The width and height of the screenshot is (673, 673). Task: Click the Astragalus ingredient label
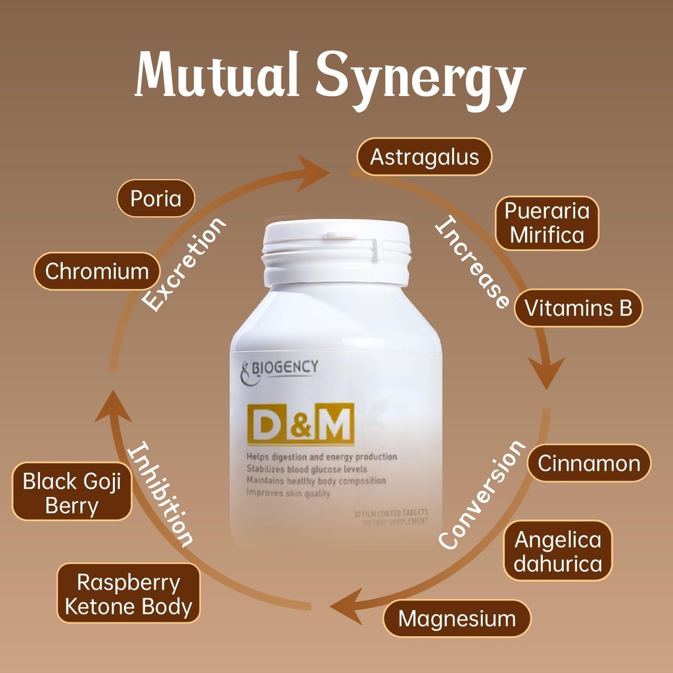pyautogui.click(x=424, y=156)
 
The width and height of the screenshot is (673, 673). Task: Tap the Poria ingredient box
pyautogui.click(x=156, y=198)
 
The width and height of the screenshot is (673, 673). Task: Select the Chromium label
pyautogui.click(x=97, y=271)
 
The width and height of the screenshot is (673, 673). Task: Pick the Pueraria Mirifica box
pyautogui.click(x=547, y=223)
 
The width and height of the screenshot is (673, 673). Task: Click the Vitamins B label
pyautogui.click(x=578, y=308)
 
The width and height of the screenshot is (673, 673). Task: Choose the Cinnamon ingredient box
pyautogui.click(x=588, y=463)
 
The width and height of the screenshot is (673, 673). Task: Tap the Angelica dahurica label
pyautogui.click(x=557, y=551)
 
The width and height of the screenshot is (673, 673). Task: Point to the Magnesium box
pyautogui.click(x=457, y=618)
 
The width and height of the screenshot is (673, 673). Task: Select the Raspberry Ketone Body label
pyautogui.click(x=128, y=594)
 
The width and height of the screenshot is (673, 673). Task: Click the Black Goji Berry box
pyautogui.click(x=72, y=493)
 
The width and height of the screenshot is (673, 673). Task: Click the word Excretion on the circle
pyautogui.click(x=184, y=264)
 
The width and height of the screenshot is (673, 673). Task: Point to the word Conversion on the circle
pyautogui.click(x=482, y=494)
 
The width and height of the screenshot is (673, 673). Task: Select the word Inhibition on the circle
pyautogui.click(x=161, y=494)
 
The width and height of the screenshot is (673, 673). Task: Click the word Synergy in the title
pyautogui.click(x=421, y=82)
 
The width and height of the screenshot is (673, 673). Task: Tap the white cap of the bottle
pyautogui.click(x=336, y=250)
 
